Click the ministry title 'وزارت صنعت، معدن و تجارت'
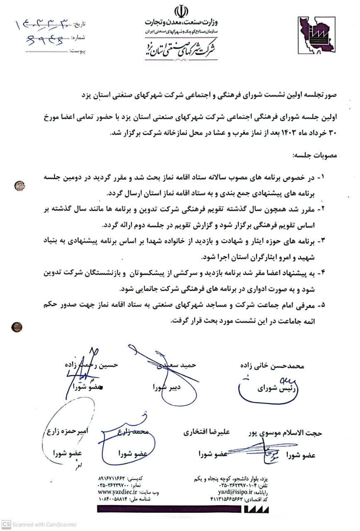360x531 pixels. [x=181, y=21]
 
